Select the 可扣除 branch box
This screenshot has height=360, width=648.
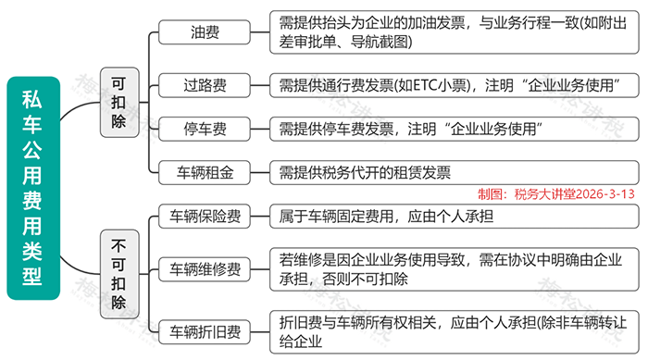coord(119,102)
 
